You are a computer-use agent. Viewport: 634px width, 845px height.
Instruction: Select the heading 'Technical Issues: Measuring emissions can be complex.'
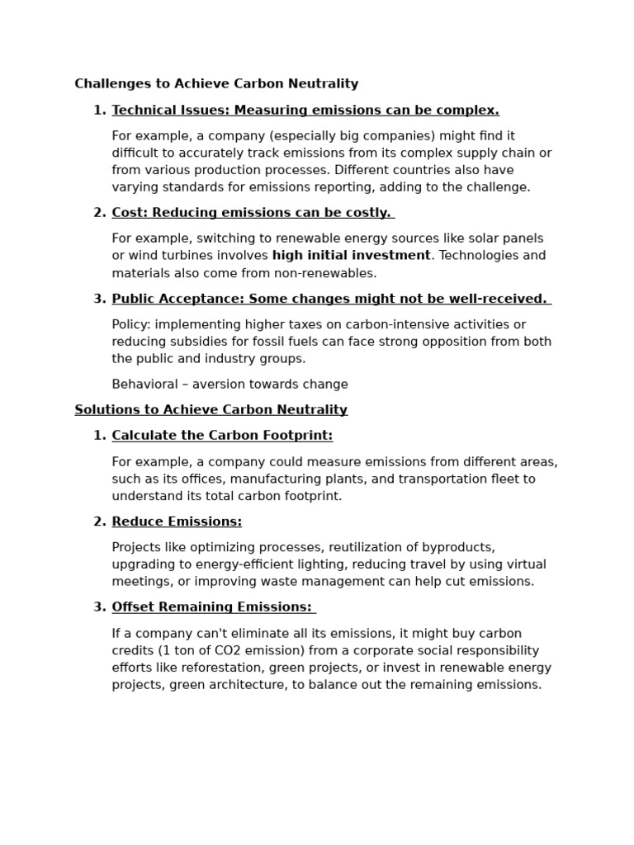pos(305,111)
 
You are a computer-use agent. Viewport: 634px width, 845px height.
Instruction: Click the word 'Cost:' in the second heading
pos(130,213)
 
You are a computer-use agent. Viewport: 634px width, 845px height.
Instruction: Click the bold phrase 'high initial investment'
pos(351,256)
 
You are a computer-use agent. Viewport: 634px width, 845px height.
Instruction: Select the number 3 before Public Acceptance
pos(99,299)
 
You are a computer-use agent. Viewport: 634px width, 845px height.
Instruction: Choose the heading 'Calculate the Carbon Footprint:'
pos(222,436)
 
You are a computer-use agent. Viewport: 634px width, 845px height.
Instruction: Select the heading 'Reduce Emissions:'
pos(177,522)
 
